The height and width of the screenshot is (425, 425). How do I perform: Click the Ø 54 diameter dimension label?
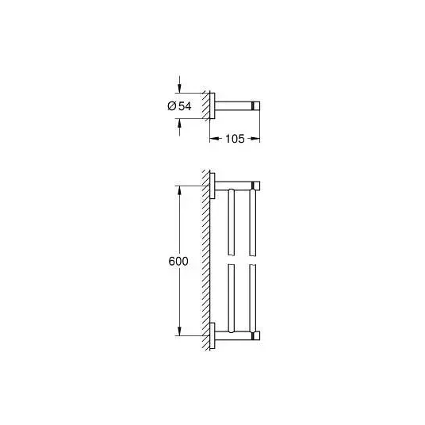pyautogui.click(x=179, y=106)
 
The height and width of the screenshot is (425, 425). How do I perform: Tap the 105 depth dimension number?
pyautogui.click(x=235, y=139)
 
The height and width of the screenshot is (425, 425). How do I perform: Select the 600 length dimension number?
pyautogui.click(x=178, y=262)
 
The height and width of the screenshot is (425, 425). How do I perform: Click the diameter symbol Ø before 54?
pyautogui.click(x=172, y=106)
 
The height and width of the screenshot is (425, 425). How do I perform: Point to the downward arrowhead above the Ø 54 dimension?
pyautogui.click(x=179, y=88)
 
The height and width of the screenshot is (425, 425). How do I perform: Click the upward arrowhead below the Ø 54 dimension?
pyautogui.click(x=179, y=124)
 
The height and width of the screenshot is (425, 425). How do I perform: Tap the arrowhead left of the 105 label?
pyautogui.click(x=214, y=139)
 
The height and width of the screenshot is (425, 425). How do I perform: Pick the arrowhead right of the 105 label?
pyautogui.click(x=255, y=139)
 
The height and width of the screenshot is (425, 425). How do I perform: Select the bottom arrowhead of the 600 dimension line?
pyautogui.click(x=179, y=331)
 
